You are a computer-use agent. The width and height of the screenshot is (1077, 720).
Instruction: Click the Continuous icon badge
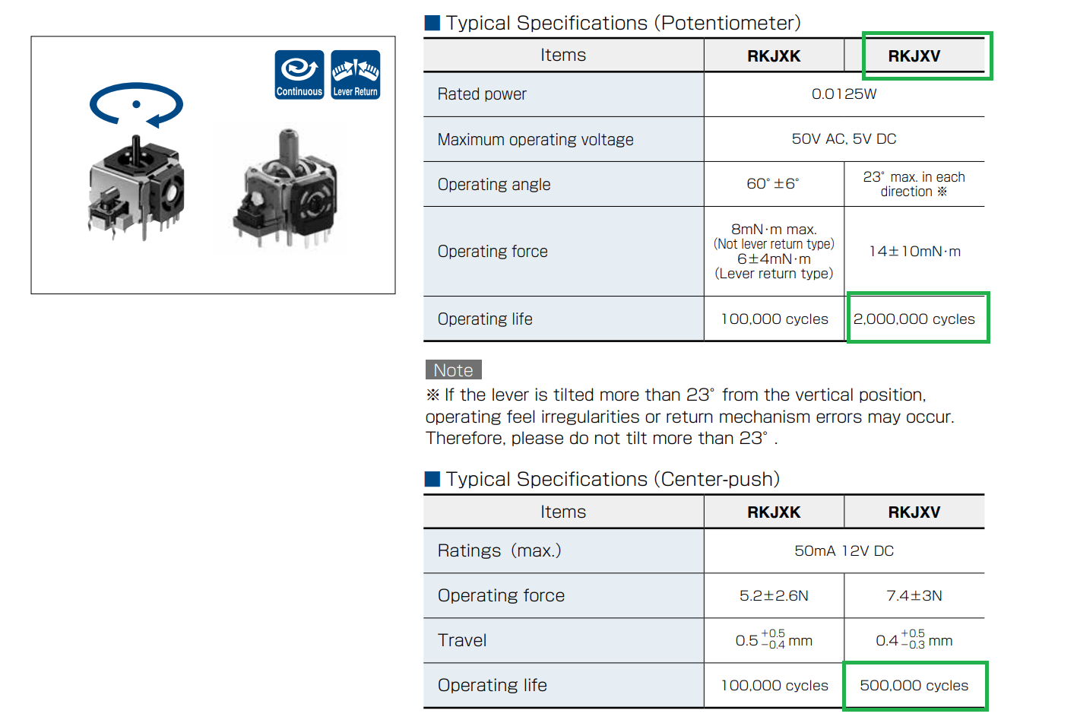[299, 75]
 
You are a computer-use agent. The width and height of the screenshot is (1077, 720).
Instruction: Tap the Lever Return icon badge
[355, 75]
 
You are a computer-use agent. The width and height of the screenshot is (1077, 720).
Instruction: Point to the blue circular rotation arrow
[136, 105]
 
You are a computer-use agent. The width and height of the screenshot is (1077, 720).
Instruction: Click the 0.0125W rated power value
[844, 94]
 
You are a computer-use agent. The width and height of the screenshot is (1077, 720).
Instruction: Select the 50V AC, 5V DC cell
[844, 139]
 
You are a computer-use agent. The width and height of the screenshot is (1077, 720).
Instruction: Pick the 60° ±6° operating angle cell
[773, 184]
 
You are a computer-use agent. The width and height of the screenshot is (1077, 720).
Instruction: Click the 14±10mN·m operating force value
[914, 252]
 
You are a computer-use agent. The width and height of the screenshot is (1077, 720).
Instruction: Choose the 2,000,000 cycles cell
[914, 319]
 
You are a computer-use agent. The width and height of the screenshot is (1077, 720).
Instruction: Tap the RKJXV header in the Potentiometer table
[914, 56]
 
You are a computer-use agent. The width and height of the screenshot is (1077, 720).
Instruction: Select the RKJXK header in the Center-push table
[774, 512]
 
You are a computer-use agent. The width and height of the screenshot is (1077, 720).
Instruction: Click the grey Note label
[454, 370]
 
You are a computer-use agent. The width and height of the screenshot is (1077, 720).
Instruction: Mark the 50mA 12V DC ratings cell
[844, 551]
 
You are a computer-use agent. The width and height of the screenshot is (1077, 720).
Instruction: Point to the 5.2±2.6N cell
[774, 596]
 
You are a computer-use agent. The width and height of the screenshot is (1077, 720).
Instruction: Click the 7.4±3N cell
[914, 596]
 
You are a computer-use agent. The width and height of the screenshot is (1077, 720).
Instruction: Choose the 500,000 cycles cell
[914, 686]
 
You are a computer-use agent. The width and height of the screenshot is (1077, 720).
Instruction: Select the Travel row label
[462, 641]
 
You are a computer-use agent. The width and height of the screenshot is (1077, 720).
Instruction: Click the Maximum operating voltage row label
[535, 140]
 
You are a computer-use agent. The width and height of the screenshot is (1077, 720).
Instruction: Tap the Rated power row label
[482, 94]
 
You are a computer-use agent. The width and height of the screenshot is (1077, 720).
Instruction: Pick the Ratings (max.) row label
[499, 551]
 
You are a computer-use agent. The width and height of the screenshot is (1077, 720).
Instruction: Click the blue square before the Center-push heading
[432, 479]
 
